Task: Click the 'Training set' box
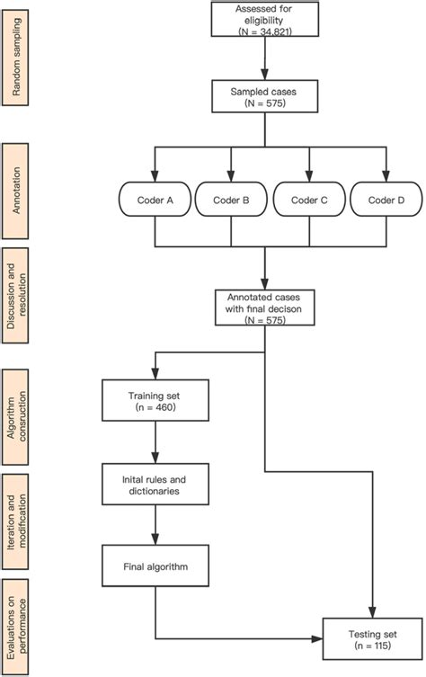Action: [x=156, y=399]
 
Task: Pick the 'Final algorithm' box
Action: [x=156, y=566]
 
